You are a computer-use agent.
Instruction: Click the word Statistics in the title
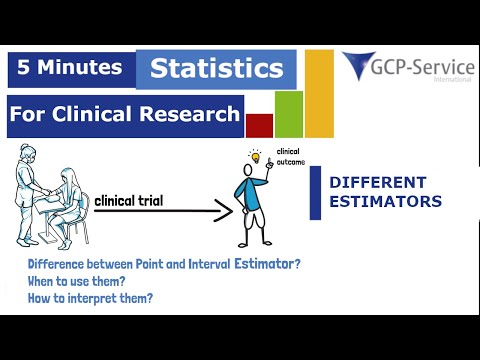(216, 69)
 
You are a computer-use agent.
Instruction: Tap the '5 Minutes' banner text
(71, 68)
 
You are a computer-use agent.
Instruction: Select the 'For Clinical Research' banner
(124, 115)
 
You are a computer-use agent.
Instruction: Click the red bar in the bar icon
(259, 125)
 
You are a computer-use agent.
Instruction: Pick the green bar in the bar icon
(289, 114)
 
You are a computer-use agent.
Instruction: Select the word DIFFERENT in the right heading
(378, 183)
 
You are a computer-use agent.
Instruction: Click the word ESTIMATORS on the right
(385, 201)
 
